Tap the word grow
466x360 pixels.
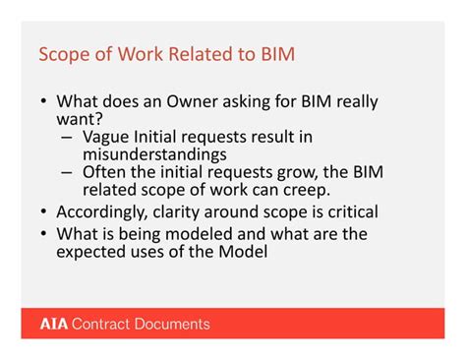[x=295, y=171]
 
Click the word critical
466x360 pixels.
[x=347, y=210]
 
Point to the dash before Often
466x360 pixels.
[x=67, y=172]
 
